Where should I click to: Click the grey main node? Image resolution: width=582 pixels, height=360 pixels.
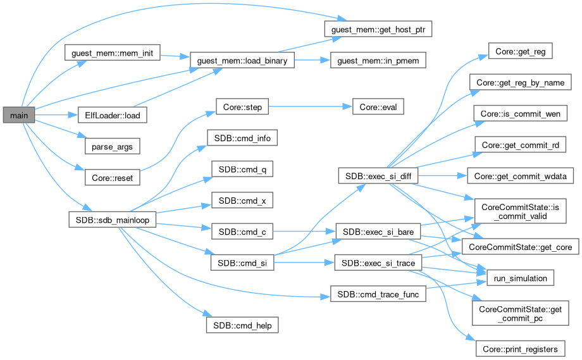click(17, 116)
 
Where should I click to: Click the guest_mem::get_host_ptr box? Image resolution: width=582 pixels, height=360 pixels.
click(378, 30)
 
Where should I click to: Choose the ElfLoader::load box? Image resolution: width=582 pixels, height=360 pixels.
click(112, 116)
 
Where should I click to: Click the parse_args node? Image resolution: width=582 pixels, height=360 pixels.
click(112, 146)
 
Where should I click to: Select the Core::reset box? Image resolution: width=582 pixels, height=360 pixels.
click(112, 178)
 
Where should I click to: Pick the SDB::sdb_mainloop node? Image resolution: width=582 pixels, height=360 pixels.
click(112, 216)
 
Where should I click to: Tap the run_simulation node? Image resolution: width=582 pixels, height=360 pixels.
click(520, 278)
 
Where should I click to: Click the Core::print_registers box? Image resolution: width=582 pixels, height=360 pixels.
click(520, 347)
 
